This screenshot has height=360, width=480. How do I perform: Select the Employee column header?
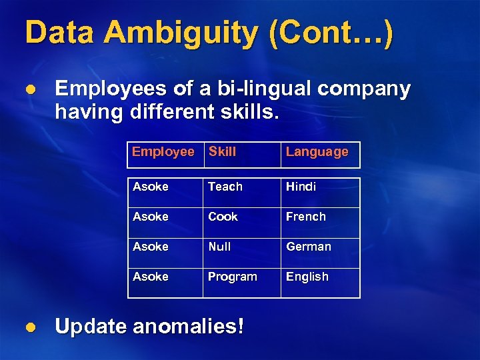point(163,151)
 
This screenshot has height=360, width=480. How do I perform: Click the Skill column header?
point(222,151)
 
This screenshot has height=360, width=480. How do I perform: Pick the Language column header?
point(317,152)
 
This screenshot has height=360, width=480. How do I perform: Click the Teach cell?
point(225,187)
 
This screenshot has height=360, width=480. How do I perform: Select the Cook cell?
point(223,217)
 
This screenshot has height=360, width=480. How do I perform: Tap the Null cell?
point(219,247)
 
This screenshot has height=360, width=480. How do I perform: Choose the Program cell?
point(232,277)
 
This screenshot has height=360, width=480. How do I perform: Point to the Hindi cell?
point(301,187)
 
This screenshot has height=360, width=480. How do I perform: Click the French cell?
point(306,217)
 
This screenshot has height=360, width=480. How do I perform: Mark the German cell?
point(309,247)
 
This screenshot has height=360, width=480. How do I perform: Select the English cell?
point(307,277)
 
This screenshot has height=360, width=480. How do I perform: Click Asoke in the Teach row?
point(151,187)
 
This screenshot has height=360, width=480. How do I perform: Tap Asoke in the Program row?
point(151,277)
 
